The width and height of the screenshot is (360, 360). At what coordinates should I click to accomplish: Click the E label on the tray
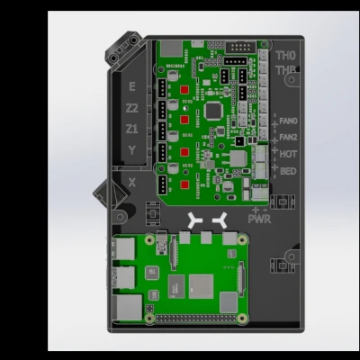[x=132, y=86]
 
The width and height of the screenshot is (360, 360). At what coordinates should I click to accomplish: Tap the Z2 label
[x=132, y=107]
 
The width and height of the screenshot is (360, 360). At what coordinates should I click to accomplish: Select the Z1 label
[x=132, y=129]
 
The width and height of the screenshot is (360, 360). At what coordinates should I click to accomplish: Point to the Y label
[x=132, y=150]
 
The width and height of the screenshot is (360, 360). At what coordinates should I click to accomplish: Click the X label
[x=132, y=182]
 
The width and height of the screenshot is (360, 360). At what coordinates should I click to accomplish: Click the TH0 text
[x=286, y=56]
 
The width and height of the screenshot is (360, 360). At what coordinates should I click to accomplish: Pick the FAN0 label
[x=288, y=121]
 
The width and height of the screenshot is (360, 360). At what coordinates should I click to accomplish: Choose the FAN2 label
[x=288, y=137]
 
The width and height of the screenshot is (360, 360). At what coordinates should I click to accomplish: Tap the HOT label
[x=288, y=153]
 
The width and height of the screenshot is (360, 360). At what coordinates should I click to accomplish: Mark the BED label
[x=288, y=170]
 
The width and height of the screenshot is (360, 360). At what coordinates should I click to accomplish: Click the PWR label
[x=259, y=218]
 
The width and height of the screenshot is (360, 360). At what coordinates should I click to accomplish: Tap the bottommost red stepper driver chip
[x=184, y=184]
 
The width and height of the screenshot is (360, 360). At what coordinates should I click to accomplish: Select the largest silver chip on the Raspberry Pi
[x=200, y=287]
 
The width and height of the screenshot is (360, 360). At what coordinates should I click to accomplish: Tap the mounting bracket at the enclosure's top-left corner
[x=123, y=51]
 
